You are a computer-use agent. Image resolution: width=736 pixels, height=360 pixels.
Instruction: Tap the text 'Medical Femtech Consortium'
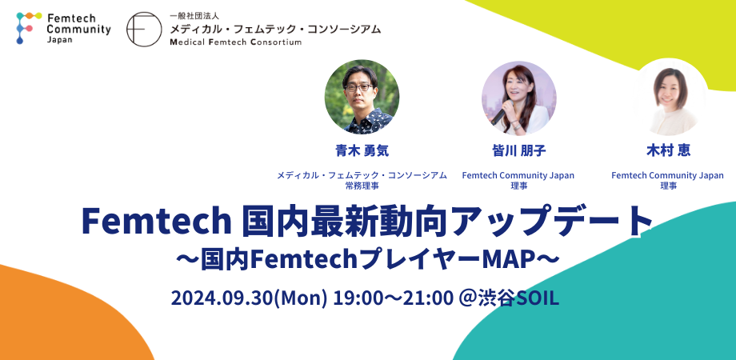(x=235, y=42)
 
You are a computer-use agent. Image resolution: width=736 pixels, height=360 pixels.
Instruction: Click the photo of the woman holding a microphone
(x=518, y=97)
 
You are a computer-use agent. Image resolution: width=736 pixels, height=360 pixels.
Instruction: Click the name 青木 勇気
(x=362, y=150)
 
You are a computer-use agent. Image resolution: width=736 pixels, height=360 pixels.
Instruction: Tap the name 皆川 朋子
(x=518, y=150)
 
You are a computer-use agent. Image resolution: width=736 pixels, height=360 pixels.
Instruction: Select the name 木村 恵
(x=668, y=150)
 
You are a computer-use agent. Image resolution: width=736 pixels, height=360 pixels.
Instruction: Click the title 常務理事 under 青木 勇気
(x=362, y=186)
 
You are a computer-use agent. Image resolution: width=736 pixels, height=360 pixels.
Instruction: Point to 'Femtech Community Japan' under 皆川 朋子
(x=518, y=175)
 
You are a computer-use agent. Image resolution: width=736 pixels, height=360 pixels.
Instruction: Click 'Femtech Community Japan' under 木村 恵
(x=668, y=175)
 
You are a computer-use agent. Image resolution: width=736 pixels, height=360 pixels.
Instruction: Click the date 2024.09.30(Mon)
(x=250, y=298)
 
